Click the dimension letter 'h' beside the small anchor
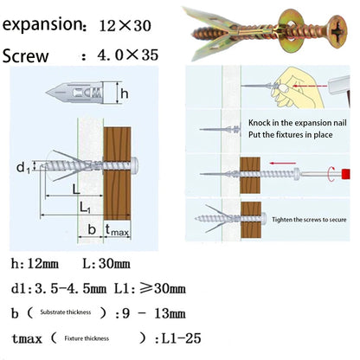point(125,93)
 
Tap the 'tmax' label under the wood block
point(118,230)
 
